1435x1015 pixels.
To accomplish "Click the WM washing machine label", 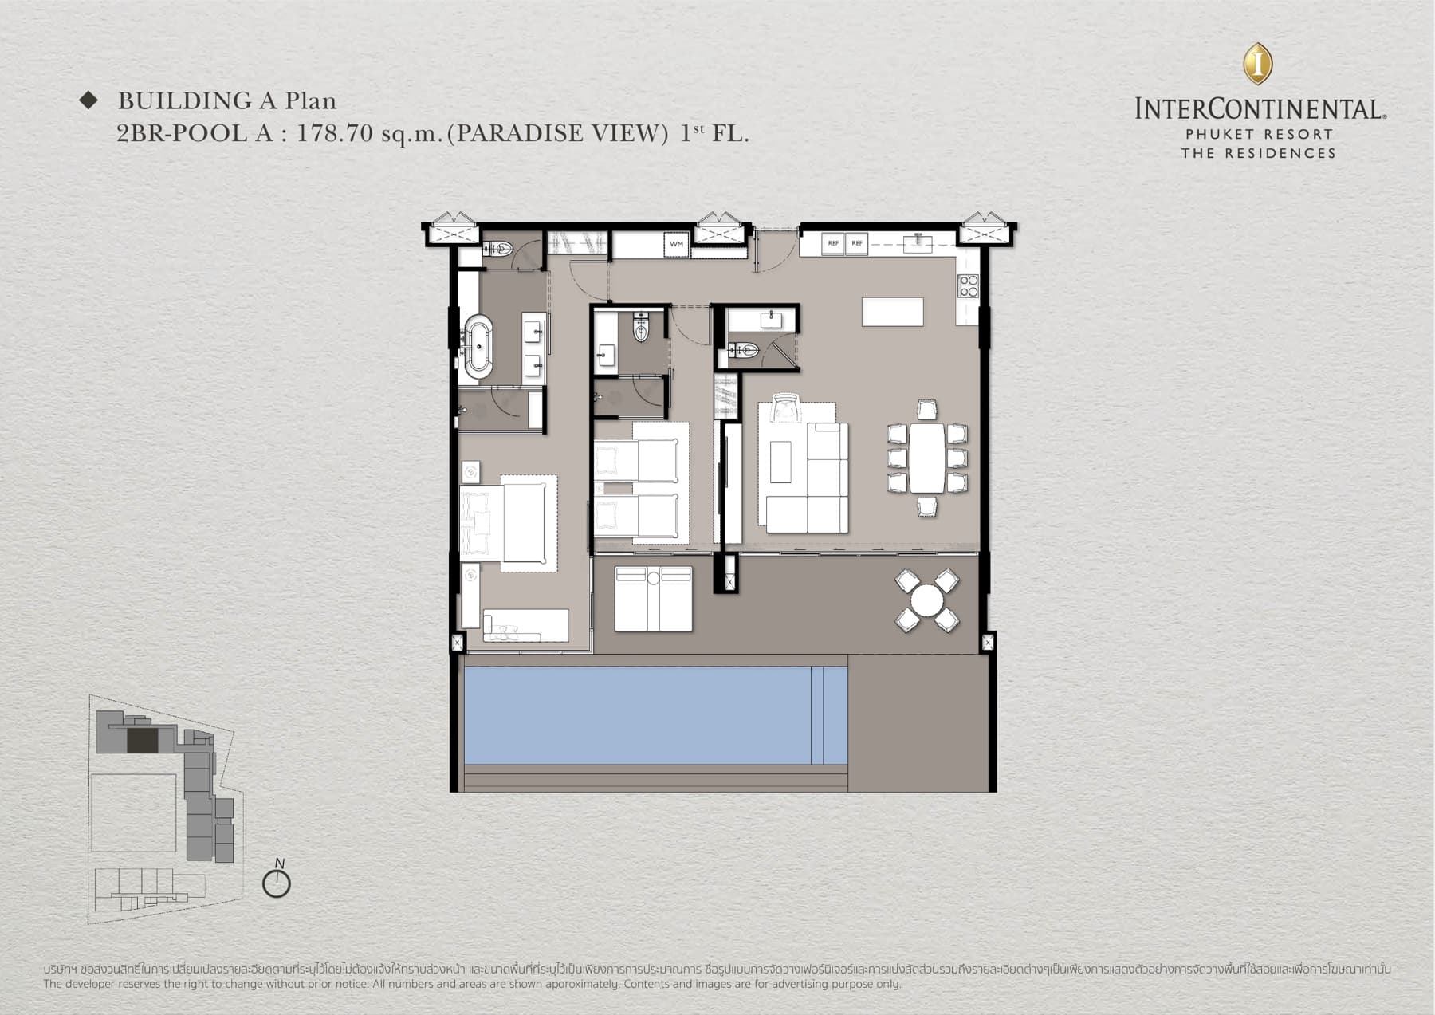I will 676,244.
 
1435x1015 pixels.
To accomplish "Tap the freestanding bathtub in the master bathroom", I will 478,346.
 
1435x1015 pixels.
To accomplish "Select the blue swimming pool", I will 638,715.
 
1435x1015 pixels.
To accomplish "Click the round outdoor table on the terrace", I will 927,600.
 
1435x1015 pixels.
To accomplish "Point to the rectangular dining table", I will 926,458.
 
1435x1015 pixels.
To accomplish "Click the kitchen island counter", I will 892,311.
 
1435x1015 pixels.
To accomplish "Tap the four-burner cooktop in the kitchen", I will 968,285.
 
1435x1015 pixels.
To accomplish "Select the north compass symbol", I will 277,882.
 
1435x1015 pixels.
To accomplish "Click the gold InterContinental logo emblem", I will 1258,64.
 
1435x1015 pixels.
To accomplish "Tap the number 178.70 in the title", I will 335,133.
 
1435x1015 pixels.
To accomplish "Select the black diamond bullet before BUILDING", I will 88,100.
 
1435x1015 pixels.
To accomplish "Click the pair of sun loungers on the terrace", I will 653,598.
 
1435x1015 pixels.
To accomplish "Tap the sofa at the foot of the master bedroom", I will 525,625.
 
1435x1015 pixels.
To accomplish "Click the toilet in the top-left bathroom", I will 497,250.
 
